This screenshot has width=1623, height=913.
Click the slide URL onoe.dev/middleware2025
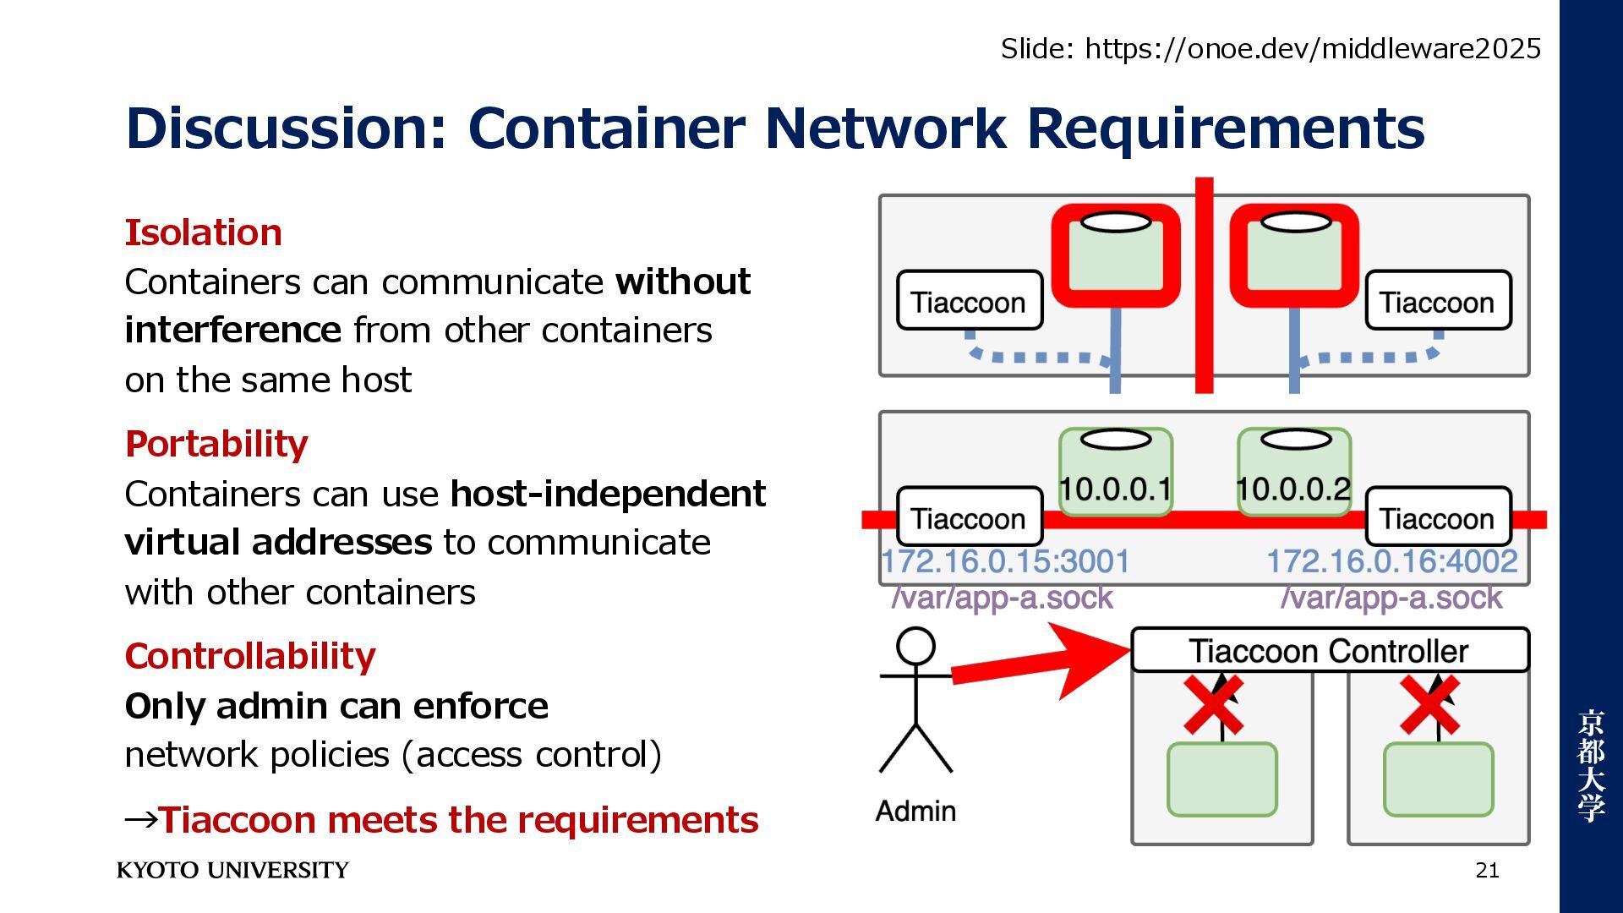1312,49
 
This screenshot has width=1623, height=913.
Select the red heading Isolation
204,232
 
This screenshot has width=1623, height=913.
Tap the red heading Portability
216,444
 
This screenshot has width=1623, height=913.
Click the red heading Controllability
250,656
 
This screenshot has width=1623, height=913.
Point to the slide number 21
1487,870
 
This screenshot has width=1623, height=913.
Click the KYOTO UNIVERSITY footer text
232,870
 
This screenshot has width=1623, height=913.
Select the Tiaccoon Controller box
1329,651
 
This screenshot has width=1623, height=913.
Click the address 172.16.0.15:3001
1005,561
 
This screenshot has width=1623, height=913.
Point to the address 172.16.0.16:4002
1391,561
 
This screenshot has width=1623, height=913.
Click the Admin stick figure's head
915,647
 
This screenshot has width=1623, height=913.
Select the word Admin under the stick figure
915,811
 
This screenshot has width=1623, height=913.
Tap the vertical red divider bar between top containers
1204,287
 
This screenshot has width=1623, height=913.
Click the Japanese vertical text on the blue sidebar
1590,765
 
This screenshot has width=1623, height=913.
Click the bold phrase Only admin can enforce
336,706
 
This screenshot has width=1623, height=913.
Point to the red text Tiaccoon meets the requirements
458,820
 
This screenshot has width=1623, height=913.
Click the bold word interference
232,330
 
